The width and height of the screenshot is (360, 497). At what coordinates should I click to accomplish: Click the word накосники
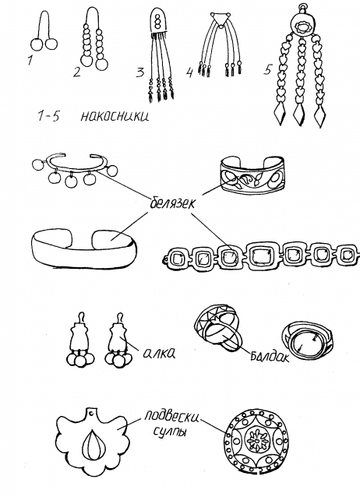coord(115,116)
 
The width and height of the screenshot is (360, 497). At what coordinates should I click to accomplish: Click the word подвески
coord(171,416)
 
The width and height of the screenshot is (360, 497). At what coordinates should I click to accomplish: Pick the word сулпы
coord(171,431)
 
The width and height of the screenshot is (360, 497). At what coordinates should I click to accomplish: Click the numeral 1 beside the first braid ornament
coord(30,59)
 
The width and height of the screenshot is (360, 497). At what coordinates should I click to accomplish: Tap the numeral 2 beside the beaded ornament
coord(77,72)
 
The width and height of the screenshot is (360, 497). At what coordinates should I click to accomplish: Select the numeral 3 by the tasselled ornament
coord(140,73)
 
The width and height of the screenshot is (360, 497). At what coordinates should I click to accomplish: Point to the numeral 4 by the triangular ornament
coord(189,73)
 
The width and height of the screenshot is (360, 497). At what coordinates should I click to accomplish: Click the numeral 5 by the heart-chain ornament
coord(267,70)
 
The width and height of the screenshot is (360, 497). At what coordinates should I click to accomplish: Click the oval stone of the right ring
coord(305,346)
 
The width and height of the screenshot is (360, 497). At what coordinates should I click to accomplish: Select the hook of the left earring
coord(82,316)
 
